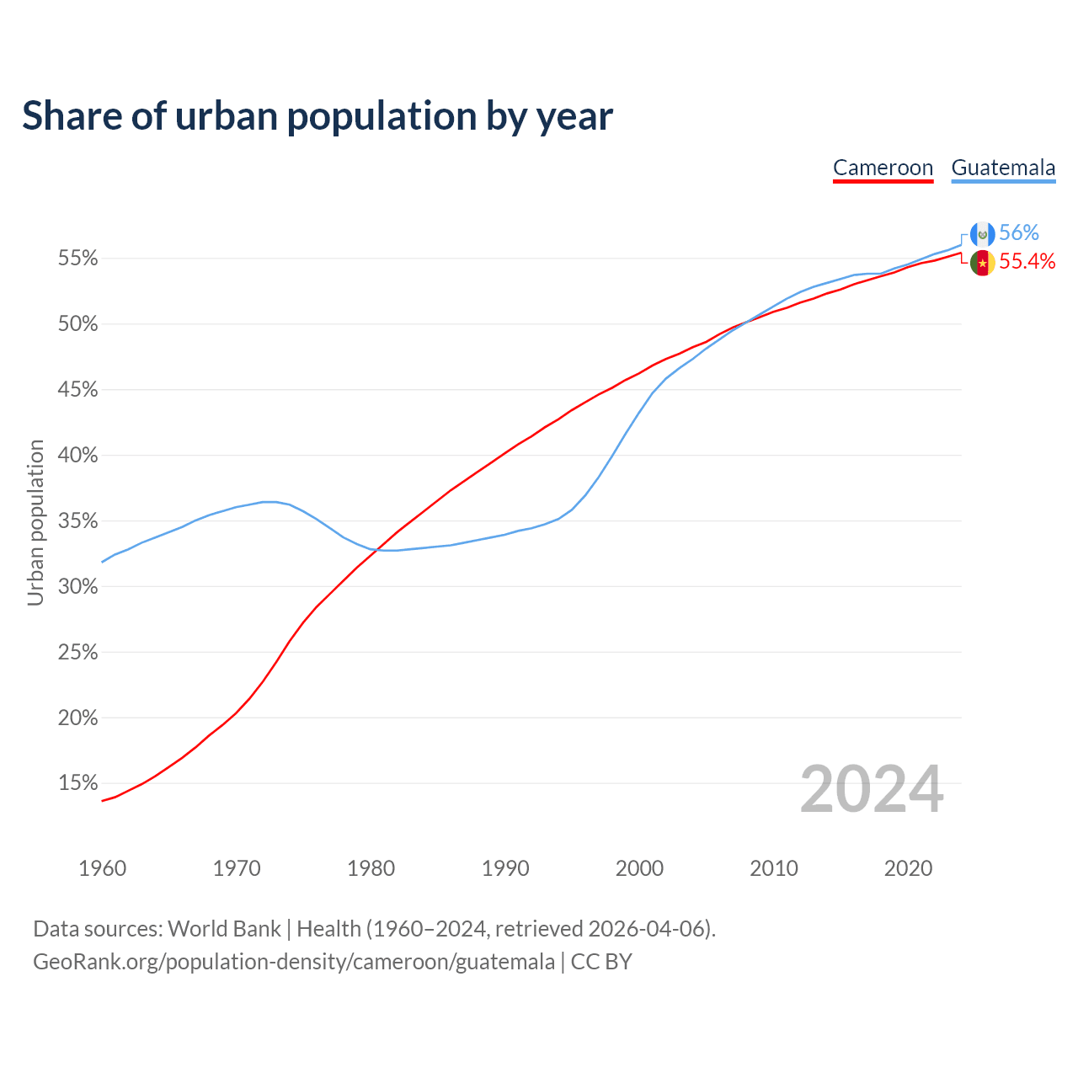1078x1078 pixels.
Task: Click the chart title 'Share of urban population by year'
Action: pyautogui.click(x=317, y=116)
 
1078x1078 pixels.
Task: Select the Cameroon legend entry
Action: pyautogui.click(x=883, y=168)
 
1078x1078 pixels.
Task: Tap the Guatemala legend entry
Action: pyautogui.click(x=1003, y=168)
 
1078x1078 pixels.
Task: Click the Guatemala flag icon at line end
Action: pyautogui.click(x=982, y=234)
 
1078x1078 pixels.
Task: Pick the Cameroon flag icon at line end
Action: pyautogui.click(x=982, y=263)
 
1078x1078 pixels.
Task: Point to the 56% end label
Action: pyautogui.click(x=1019, y=233)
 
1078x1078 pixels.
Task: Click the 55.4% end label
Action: pyautogui.click(x=1027, y=262)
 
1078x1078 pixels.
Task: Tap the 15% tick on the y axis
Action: pyautogui.click(x=77, y=783)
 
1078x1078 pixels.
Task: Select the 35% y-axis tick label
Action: pyautogui.click(x=77, y=521)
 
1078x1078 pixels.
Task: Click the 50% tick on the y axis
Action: pyautogui.click(x=77, y=324)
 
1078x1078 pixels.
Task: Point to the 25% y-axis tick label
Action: pyautogui.click(x=77, y=653)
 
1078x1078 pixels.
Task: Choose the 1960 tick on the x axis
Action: pyautogui.click(x=102, y=868)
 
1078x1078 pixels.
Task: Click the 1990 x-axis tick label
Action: pyautogui.click(x=505, y=868)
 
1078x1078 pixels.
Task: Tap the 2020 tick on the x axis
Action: pyautogui.click(x=908, y=868)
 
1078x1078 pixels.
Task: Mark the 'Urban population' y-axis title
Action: pyautogui.click(x=35, y=522)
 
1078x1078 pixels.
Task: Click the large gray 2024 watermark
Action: pyautogui.click(x=871, y=789)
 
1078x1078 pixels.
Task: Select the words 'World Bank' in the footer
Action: pyautogui.click(x=224, y=929)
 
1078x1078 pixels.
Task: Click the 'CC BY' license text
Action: pyautogui.click(x=601, y=962)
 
